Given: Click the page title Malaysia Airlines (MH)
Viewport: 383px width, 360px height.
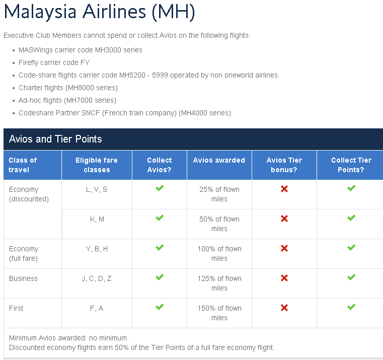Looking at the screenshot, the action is click(x=100, y=12).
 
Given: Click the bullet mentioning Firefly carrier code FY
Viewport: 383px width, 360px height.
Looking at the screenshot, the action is click(x=54, y=62).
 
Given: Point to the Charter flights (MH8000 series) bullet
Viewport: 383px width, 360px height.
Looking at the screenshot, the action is click(x=68, y=88).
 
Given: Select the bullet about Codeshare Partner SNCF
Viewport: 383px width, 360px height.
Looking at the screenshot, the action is click(x=125, y=113).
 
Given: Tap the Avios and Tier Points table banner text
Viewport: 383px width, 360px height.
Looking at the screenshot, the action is click(x=55, y=139).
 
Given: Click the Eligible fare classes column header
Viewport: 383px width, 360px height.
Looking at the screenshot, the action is click(x=97, y=165).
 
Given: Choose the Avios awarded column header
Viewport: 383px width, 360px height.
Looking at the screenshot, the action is click(x=219, y=160).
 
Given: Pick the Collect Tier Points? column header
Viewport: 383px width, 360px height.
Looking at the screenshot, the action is click(x=351, y=165).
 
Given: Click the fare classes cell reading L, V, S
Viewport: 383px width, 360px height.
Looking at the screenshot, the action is click(x=97, y=189).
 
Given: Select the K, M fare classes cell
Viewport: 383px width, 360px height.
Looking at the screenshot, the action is click(x=97, y=219).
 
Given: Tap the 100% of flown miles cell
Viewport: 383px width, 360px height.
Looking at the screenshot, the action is click(x=219, y=253).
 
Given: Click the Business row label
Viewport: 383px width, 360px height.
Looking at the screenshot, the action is click(x=23, y=278).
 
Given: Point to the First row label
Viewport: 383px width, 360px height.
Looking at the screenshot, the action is click(x=16, y=308).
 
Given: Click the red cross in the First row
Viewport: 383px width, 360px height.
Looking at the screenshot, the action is click(x=284, y=308).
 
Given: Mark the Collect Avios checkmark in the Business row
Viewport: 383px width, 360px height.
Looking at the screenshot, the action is click(x=160, y=277).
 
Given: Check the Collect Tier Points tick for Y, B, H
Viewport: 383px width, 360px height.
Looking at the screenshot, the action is click(x=351, y=248).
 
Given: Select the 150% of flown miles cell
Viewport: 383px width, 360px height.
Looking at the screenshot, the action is click(x=219, y=313).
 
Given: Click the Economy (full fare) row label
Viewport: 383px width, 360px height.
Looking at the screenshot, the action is click(x=24, y=253).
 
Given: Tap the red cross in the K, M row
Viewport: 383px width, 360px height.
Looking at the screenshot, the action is click(x=284, y=219).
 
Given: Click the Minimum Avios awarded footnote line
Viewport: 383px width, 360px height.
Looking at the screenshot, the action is click(x=69, y=338).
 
